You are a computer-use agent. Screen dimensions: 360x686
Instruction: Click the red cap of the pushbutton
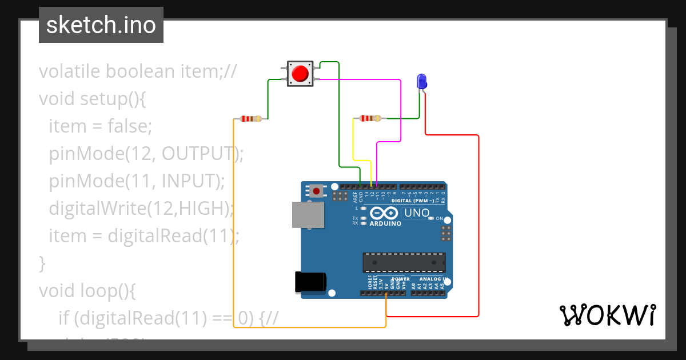tap(300, 74)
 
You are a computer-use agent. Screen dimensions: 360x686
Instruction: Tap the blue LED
tap(422, 81)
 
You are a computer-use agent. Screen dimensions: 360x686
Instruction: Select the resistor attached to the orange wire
tap(250, 119)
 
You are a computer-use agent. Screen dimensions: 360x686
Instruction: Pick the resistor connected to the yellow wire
tap(370, 118)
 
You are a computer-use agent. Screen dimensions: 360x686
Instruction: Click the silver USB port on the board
tap(308, 215)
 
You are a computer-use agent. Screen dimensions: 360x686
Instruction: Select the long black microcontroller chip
tap(404, 262)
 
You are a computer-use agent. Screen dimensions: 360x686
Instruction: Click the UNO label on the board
tap(416, 213)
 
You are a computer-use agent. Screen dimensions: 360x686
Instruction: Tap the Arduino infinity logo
tap(384, 213)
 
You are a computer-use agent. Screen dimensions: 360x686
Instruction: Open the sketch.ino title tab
tap(101, 25)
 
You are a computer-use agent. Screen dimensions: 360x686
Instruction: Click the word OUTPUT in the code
tap(198, 154)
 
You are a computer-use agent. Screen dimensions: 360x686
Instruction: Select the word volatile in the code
tap(70, 71)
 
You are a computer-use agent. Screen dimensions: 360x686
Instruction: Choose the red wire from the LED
tap(478, 229)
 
